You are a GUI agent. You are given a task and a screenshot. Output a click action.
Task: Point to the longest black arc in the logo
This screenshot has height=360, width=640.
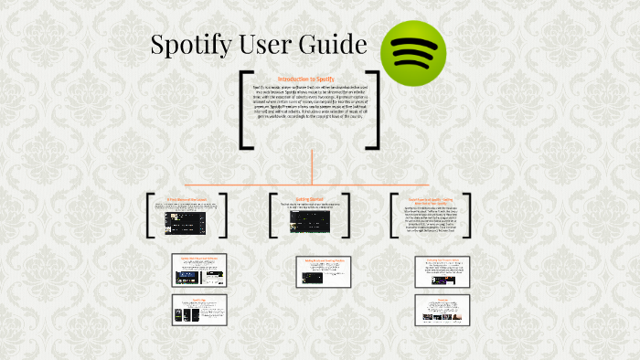coord(412,41)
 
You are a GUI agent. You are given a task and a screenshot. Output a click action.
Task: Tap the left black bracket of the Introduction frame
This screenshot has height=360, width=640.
coord(245,109)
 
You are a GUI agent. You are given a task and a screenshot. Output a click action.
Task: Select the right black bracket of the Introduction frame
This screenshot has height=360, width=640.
coord(375,109)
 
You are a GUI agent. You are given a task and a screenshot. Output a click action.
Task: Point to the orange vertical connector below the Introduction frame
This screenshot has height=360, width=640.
coord(313,166)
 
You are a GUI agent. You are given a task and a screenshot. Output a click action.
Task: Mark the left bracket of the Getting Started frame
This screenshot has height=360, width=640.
coord(272,216)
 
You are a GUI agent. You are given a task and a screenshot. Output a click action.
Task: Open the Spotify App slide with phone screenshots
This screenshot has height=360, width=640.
coord(198,310)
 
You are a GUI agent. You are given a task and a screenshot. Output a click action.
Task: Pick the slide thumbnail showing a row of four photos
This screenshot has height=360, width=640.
coord(442,310)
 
